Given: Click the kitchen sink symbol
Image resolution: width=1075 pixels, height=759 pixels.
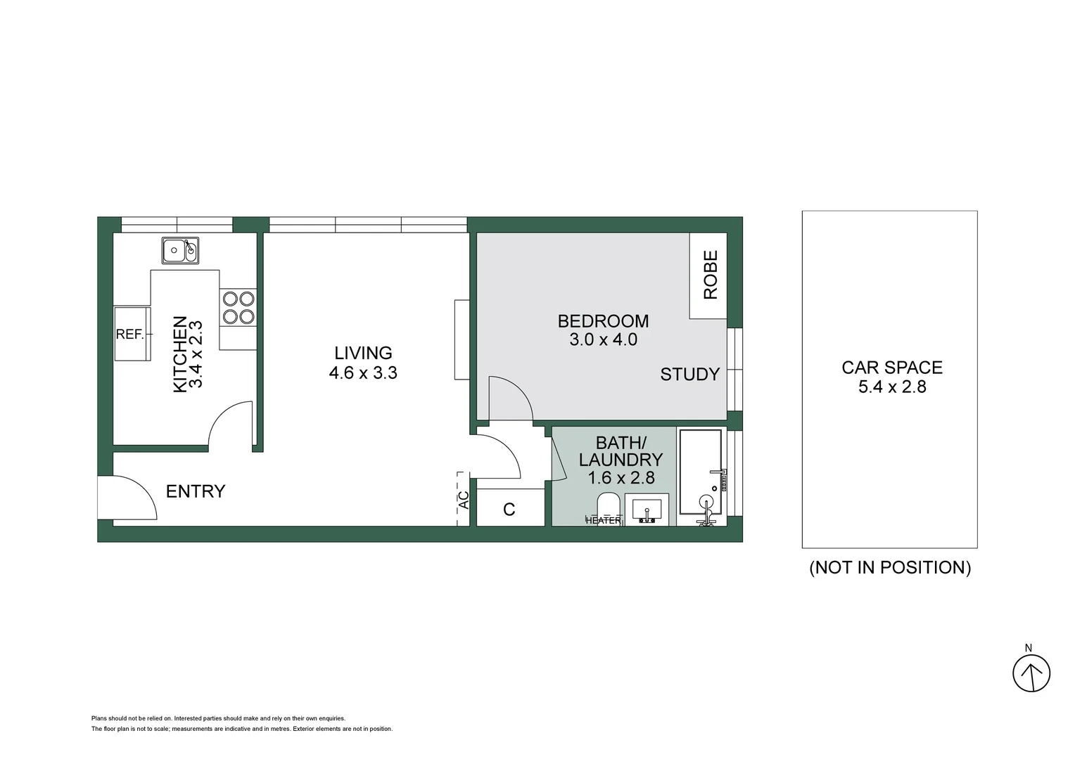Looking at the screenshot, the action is click(x=180, y=250).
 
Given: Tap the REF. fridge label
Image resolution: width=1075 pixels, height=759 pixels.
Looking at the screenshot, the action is click(x=130, y=335).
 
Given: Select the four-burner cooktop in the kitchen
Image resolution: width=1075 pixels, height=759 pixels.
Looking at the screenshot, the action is click(x=238, y=308).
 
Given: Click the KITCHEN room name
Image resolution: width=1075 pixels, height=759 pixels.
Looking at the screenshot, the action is click(x=180, y=354).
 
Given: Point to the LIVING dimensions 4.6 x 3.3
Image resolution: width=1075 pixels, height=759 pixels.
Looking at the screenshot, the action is click(x=363, y=372).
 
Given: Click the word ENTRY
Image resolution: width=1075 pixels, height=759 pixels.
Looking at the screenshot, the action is click(x=196, y=491).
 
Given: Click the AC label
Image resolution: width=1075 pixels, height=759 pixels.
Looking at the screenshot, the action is click(x=464, y=500).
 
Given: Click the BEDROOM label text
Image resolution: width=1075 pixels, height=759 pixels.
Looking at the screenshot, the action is click(x=603, y=321).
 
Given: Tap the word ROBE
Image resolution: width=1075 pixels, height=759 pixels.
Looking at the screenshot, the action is click(x=711, y=275).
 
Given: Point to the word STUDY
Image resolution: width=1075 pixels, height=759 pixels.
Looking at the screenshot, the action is click(x=690, y=374).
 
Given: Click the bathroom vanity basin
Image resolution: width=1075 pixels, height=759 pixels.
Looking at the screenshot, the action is click(x=647, y=510).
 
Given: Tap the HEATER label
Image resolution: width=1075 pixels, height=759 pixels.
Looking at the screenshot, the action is click(x=603, y=520).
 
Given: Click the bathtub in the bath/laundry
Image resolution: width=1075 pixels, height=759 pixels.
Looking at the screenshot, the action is click(x=701, y=472).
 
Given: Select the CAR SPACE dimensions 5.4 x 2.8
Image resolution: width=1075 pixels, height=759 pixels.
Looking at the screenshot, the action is click(x=892, y=387).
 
